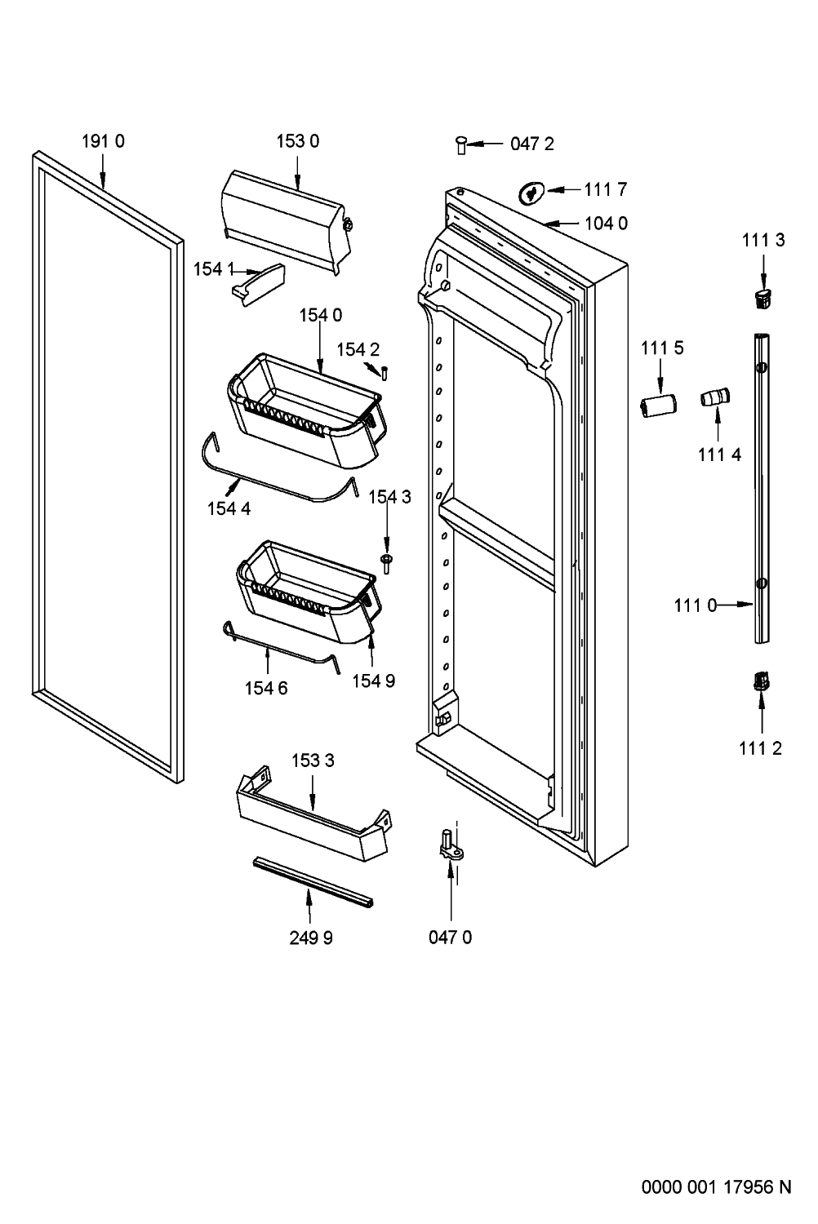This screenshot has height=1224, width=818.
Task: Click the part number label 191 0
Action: coord(103,141)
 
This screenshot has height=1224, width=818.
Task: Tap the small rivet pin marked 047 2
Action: coord(461,145)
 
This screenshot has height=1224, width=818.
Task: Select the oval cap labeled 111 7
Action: coord(531,193)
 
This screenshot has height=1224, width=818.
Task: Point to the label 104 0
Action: coord(606,224)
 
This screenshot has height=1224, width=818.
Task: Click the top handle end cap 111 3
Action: coord(763,298)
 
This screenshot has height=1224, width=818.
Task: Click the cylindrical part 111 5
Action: coord(658,406)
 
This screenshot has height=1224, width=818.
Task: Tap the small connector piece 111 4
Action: coord(715,396)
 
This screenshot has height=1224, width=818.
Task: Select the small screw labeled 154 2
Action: coord(385,374)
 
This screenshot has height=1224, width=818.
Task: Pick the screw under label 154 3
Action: coord(387,563)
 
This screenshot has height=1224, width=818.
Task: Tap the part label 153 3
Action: coord(313,761)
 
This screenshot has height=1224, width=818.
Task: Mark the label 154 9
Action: coord(373,681)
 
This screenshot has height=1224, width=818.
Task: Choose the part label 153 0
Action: coord(297,141)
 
